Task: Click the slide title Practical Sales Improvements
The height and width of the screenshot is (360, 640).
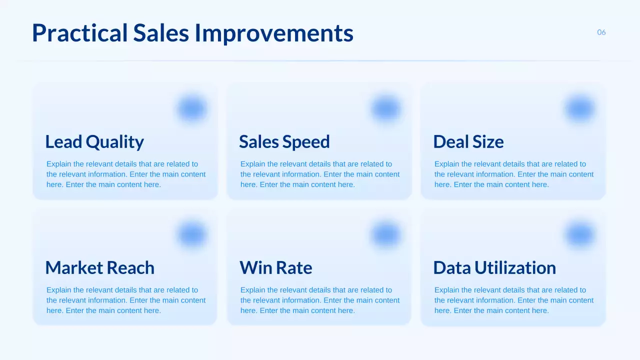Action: tap(192, 33)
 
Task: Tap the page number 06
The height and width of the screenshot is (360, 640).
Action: tap(601, 32)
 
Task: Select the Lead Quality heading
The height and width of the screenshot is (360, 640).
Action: tap(94, 142)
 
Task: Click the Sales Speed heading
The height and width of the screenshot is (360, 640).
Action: tap(284, 142)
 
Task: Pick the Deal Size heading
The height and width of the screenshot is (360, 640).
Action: tap(468, 142)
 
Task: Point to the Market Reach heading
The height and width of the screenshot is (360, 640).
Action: tap(99, 268)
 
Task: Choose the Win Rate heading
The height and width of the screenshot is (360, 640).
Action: tap(275, 268)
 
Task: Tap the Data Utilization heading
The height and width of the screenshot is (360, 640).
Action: tap(494, 268)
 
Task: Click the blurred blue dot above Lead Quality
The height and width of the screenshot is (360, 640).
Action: tap(191, 109)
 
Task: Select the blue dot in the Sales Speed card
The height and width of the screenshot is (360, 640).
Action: tap(385, 109)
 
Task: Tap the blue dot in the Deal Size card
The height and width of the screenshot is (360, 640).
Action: tap(579, 109)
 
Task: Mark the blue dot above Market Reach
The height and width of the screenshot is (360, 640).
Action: tap(191, 235)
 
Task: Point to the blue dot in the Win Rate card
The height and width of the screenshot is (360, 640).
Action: tap(385, 235)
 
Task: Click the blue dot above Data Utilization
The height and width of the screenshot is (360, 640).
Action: tap(579, 235)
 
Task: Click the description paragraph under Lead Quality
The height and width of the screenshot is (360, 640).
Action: tap(125, 174)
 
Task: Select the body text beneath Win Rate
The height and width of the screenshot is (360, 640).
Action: tap(319, 300)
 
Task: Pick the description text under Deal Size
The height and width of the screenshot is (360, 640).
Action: tap(513, 174)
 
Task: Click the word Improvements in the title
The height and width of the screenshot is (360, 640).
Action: tap(273, 33)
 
